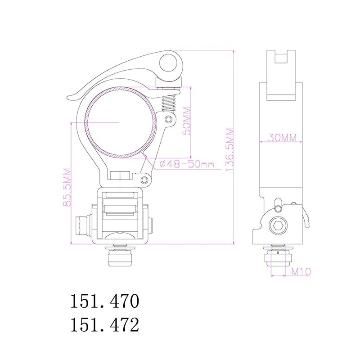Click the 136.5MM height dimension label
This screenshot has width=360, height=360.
[x=230, y=150]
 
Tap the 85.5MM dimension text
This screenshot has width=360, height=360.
[x=67, y=187]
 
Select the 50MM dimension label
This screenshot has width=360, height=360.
[x=186, y=121]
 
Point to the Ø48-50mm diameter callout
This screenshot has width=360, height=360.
[x=186, y=164]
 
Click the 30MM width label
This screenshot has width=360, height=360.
[x=282, y=138]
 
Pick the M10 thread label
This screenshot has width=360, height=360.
[x=301, y=272]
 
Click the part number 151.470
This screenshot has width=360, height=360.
[x=105, y=301]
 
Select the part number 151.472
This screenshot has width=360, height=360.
[x=105, y=324]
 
